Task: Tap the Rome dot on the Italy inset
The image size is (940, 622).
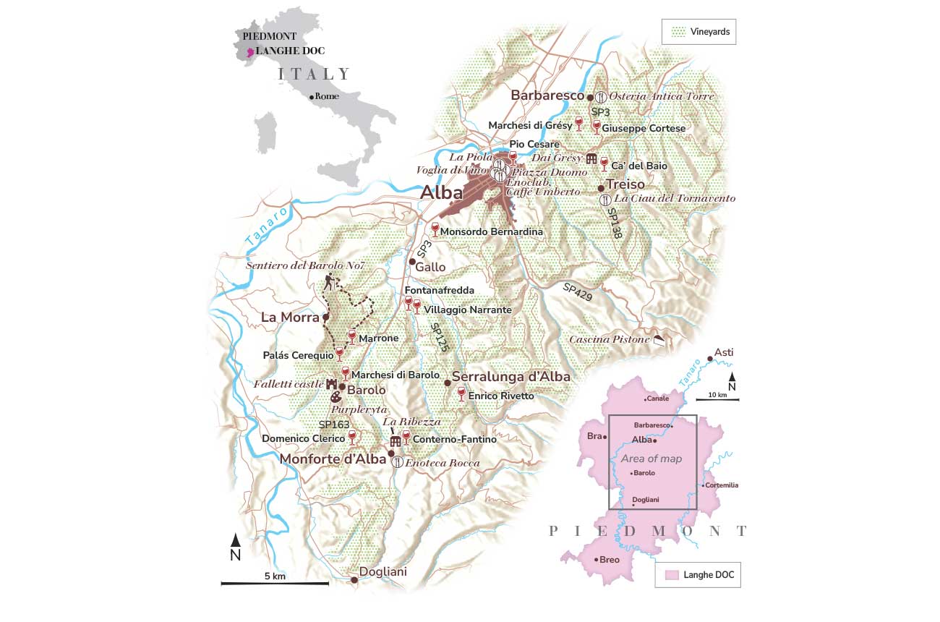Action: click(311, 97)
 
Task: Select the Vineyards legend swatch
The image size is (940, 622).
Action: click(678, 33)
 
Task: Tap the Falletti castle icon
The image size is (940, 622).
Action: click(333, 384)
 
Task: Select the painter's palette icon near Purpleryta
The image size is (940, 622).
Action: click(336, 397)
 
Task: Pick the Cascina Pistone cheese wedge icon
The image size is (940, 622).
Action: click(659, 339)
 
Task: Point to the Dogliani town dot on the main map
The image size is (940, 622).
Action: click(354, 580)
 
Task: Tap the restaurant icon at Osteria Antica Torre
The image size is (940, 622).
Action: click(600, 96)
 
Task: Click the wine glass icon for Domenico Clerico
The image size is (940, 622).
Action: click(352, 436)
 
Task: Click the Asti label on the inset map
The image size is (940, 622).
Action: click(723, 352)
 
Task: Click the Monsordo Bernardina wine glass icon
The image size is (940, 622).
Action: click(435, 229)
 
